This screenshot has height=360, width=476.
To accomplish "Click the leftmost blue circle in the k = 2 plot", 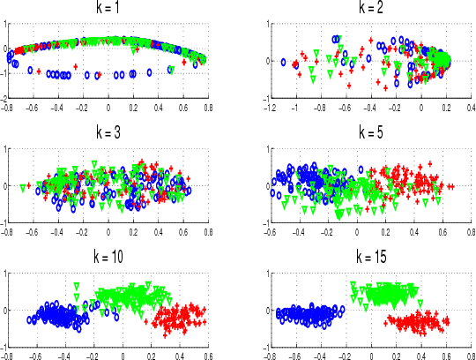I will coord(284,63).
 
